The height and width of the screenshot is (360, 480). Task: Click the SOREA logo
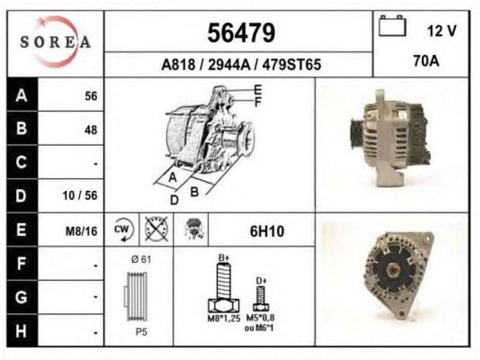(x=55, y=42)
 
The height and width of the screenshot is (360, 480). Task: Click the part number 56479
(x=241, y=33)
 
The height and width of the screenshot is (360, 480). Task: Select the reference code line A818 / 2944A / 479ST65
(x=241, y=65)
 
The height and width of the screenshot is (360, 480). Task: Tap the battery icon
(x=392, y=26)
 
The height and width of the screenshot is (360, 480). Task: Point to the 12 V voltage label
(x=442, y=31)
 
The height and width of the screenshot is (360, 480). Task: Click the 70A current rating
(x=426, y=61)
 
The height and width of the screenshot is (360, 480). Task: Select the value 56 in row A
(x=91, y=96)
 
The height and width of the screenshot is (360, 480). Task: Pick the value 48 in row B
(x=91, y=130)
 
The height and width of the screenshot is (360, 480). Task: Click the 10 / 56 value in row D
(x=80, y=196)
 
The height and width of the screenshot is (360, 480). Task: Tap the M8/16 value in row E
(x=82, y=231)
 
